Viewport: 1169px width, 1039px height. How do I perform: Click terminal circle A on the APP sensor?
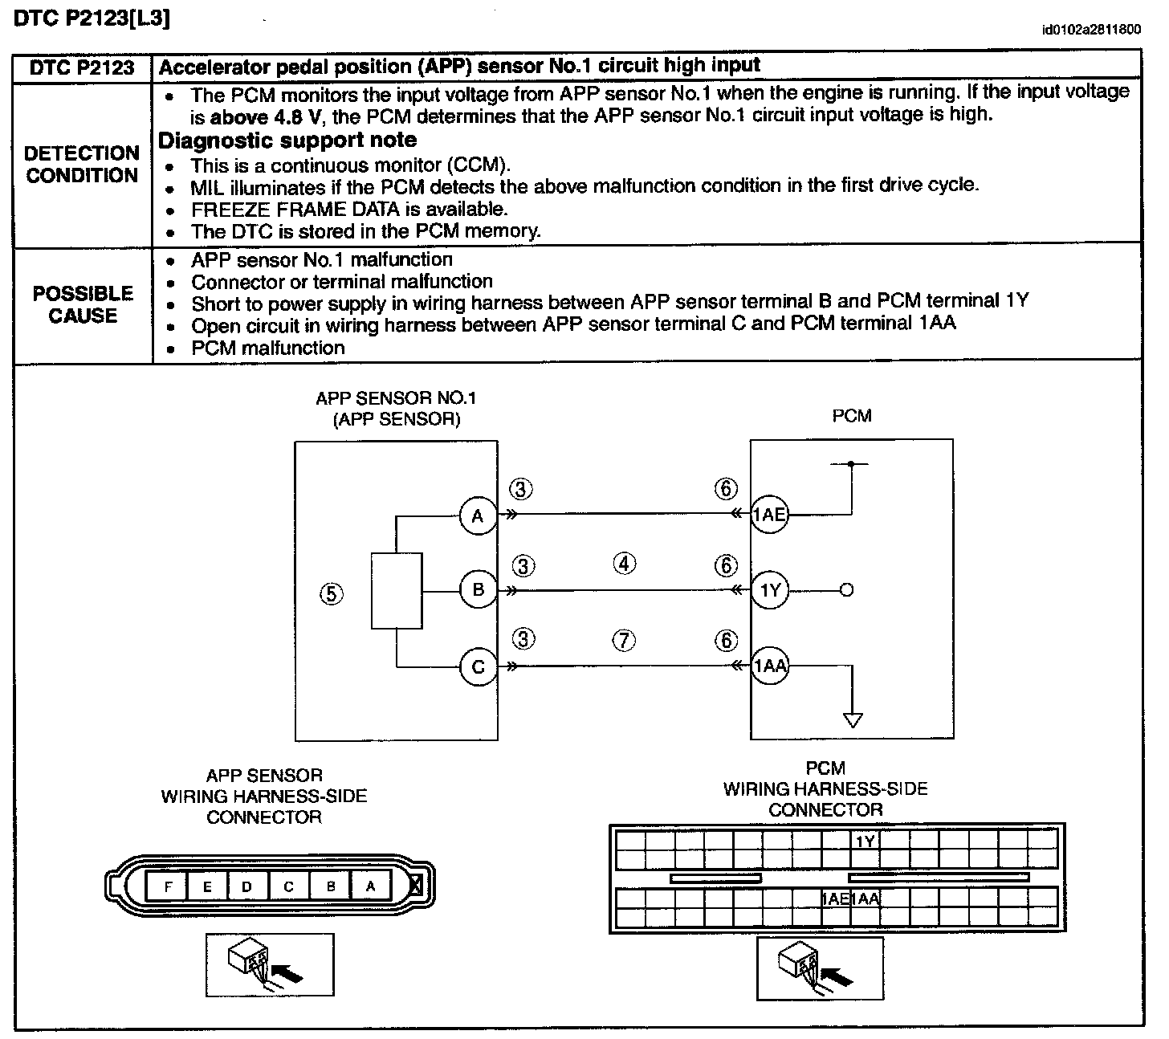478,515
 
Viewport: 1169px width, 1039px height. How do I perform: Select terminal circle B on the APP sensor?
478,590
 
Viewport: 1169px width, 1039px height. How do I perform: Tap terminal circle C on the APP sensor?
478,667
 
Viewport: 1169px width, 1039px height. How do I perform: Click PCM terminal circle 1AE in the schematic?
769,515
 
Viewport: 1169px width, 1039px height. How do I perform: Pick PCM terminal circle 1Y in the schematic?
770,591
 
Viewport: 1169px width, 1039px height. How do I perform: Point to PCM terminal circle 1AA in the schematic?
770,666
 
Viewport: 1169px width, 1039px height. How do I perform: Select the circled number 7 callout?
624,640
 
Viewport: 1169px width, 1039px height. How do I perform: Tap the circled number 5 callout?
331,593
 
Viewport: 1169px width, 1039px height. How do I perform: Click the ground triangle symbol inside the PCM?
853,719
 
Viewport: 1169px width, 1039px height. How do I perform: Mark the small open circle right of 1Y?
845,591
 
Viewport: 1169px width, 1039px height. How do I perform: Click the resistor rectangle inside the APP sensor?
397,590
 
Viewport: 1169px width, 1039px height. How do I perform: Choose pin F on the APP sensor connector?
168,886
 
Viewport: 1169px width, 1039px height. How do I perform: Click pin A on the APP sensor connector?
370,886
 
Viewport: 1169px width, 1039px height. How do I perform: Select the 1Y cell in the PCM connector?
865,841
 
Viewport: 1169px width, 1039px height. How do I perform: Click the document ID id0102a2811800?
1090,31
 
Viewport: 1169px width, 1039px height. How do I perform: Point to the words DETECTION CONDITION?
82,165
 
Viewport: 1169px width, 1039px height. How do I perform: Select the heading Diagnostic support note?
287,141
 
